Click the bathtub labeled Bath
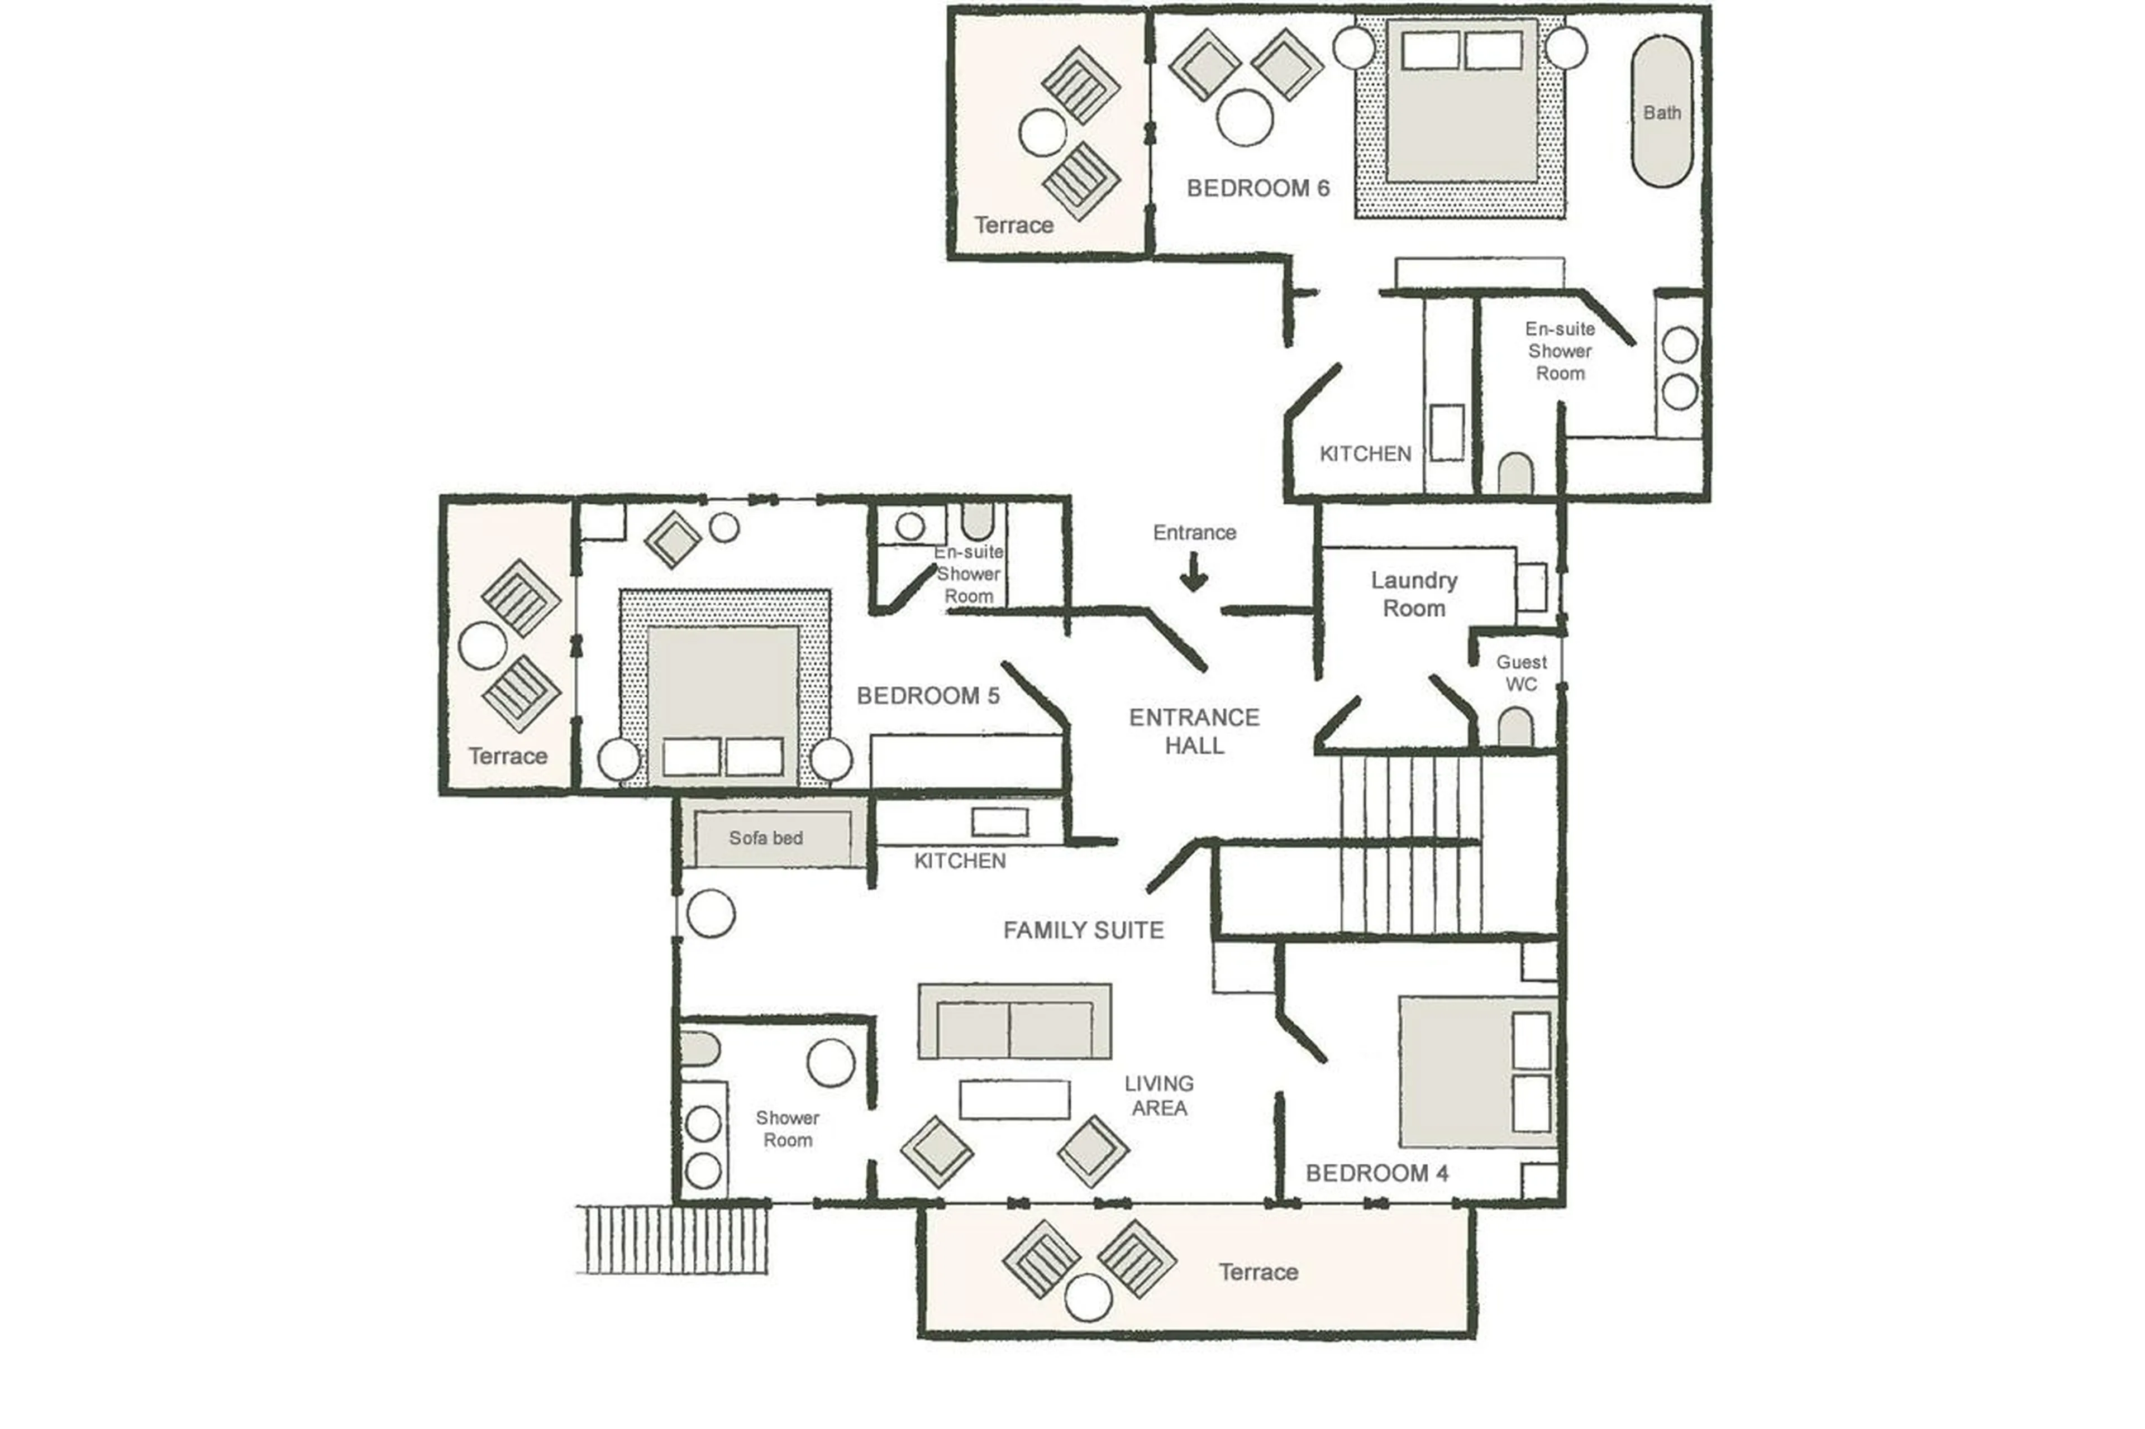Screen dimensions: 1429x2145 coord(1661,112)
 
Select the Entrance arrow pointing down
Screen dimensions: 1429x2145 coord(1193,577)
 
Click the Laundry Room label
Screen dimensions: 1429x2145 coord(1413,594)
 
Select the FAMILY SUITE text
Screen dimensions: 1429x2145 coord(1083,930)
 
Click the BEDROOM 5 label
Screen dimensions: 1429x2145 coord(927,696)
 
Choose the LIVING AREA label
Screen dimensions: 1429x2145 coord(1158,1096)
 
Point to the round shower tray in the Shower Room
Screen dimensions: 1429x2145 coord(831,1063)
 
